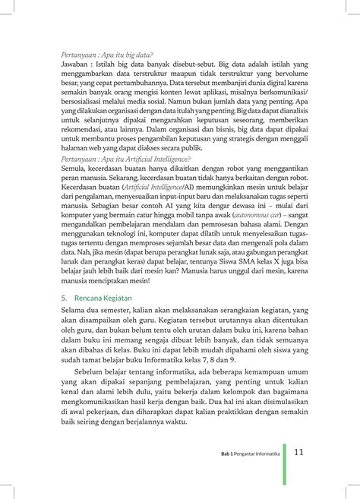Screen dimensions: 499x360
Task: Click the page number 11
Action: coord(299,452)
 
